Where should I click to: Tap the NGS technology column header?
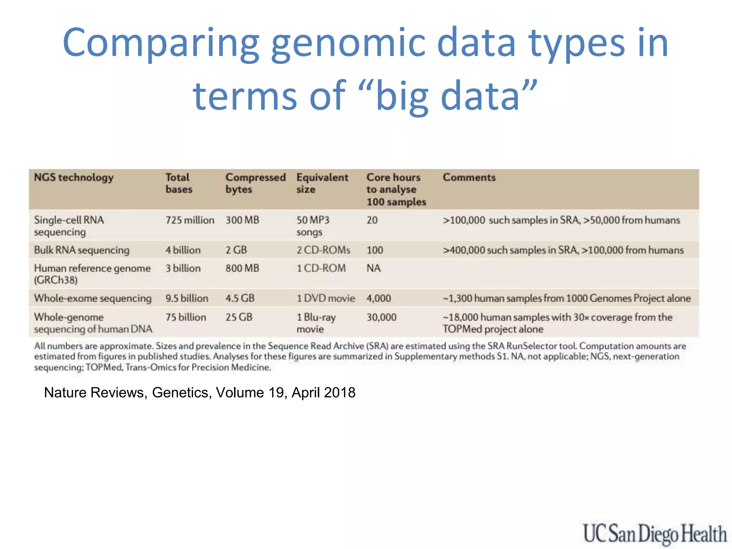[74, 178]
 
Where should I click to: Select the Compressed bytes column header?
[255, 183]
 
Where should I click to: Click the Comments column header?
[469, 178]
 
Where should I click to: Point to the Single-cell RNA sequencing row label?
[69, 226]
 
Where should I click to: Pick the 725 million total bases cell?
[189, 220]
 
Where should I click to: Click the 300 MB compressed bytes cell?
[242, 220]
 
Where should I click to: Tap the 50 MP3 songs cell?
[313, 226]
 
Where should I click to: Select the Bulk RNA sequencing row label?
[81, 250]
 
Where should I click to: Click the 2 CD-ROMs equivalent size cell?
[323, 250]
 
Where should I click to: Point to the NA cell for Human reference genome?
[374, 268]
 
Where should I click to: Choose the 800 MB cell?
[242, 268]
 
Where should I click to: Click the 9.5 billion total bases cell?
[187, 298]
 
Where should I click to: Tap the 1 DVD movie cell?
[326, 298]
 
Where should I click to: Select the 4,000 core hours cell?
[379, 298]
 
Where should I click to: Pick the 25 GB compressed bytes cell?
[239, 317]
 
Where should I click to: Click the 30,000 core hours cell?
[381, 317]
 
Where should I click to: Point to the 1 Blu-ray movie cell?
[316, 323]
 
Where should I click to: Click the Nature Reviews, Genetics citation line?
[199, 392]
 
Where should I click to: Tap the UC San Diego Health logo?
[654, 534]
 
